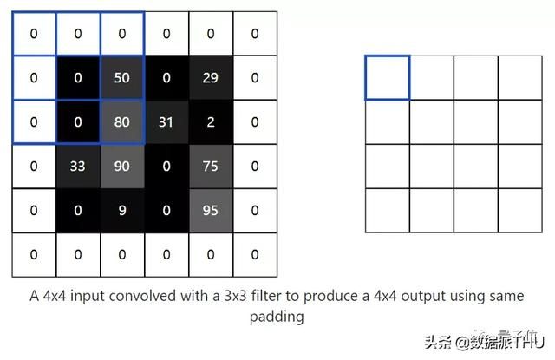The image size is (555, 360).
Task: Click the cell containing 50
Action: [x=122, y=78]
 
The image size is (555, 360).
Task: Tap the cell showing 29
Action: [x=210, y=78]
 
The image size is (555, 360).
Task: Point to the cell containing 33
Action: [x=78, y=166]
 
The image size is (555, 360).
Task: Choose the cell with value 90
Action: [x=122, y=166]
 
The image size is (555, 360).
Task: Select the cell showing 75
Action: [x=210, y=166]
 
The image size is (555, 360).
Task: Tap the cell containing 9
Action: [x=122, y=210]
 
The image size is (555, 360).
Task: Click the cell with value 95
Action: [x=210, y=210]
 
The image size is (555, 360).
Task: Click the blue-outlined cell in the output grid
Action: [x=387, y=77]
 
